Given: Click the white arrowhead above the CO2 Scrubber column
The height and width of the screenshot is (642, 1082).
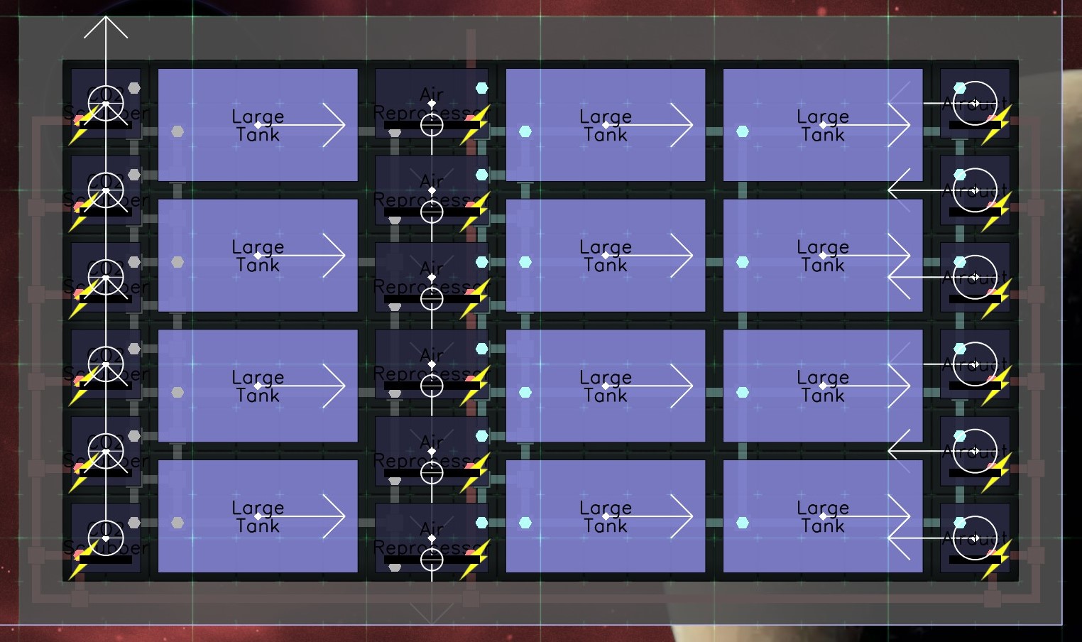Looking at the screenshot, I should click(106, 27).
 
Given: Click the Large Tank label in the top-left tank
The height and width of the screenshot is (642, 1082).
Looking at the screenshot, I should click(258, 126).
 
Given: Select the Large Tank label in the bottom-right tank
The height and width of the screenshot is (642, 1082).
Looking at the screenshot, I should click(823, 517).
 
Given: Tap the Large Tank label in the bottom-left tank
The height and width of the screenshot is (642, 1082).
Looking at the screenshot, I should click(258, 517).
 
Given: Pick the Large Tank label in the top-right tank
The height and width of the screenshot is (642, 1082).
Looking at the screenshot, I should click(823, 126).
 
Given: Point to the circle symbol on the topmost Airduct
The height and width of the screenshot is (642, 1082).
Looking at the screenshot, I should click(975, 104).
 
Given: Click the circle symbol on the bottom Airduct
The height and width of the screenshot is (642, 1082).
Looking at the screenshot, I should click(975, 538).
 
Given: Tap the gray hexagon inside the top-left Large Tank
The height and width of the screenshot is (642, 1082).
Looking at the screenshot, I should click(177, 131).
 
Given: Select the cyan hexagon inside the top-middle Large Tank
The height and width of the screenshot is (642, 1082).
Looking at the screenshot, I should click(525, 131).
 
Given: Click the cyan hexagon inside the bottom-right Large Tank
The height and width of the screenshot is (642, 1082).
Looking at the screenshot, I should click(743, 523).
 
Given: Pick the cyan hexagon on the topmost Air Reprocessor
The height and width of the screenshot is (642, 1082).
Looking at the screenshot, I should click(482, 88).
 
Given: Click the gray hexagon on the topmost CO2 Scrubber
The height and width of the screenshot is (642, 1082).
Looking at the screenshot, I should click(134, 88).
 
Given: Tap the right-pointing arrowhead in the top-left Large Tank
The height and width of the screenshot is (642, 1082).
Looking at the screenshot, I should click(334, 125).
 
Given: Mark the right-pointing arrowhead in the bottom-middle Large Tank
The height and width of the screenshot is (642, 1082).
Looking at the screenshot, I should click(682, 516).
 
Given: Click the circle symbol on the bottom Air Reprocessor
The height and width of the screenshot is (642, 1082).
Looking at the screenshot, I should click(432, 560).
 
